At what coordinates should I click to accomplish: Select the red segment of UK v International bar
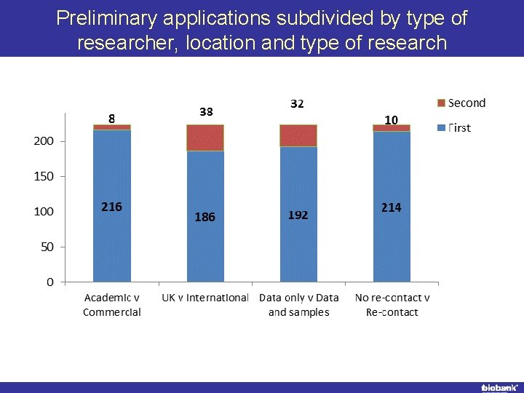(205, 138)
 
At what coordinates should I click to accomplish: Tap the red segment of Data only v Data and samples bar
(298, 135)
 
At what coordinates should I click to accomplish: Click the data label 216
(111, 207)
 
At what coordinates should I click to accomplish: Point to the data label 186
(205, 217)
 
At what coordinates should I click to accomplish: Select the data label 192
(298, 215)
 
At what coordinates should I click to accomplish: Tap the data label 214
(391, 207)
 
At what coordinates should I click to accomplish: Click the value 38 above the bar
(206, 111)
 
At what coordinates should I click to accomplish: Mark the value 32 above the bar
(297, 104)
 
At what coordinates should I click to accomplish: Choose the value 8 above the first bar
(111, 117)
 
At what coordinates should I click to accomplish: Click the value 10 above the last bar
(391, 119)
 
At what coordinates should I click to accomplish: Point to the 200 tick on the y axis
(44, 141)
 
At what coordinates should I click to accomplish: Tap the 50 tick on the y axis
(47, 247)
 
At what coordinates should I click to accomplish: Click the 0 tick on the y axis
(49, 282)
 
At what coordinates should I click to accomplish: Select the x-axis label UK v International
(205, 298)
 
